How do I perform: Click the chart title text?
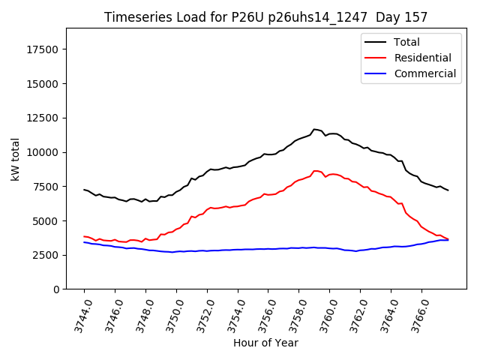coord(265,17)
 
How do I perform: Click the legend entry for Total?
coord(407,42)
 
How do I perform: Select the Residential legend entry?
coord(422,58)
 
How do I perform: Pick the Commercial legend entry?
coord(424,73)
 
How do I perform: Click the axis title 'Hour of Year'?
coord(265,343)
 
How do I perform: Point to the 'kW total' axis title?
coord(16,159)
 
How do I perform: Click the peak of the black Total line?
coord(314,130)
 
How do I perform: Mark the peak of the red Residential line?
coord(315,171)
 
